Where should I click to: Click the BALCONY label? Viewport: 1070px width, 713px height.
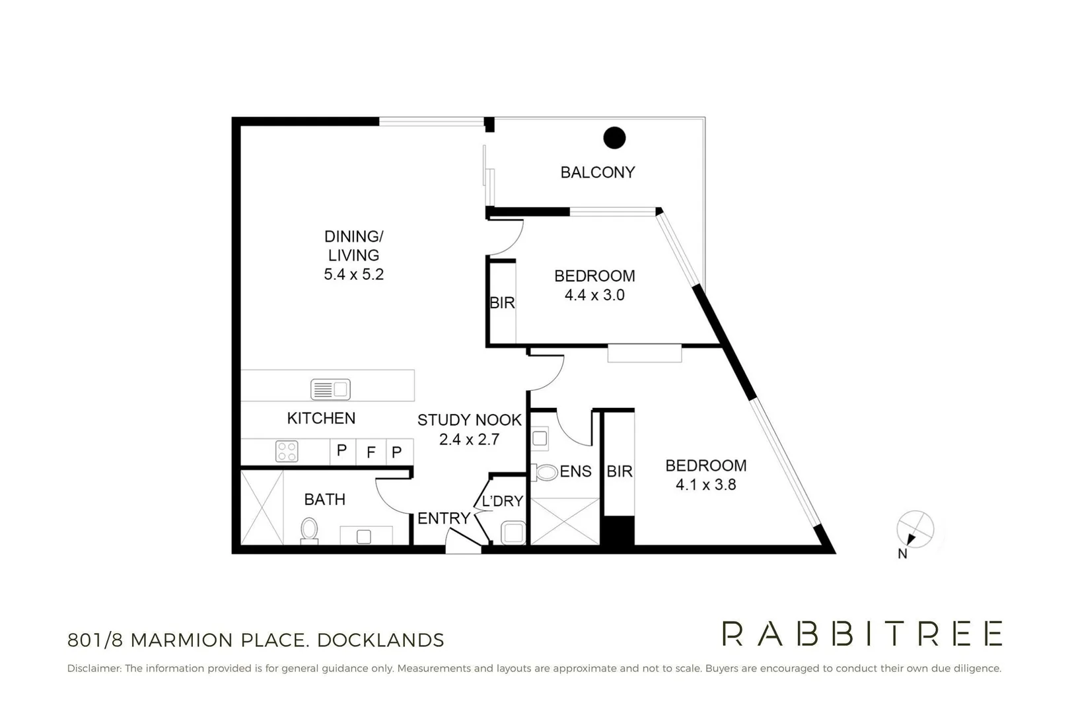(x=598, y=172)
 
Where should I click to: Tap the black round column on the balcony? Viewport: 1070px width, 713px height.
(x=614, y=137)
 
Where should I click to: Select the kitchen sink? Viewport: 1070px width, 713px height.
(x=330, y=390)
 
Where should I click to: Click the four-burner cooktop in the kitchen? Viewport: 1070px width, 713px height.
(x=287, y=452)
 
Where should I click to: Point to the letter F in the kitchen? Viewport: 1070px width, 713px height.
(x=371, y=452)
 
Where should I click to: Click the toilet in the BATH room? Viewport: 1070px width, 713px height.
(x=310, y=531)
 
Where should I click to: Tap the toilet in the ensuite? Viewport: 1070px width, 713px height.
(x=544, y=473)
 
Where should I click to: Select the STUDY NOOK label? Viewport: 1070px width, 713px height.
(x=469, y=420)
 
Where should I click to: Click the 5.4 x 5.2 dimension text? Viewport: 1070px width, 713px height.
(x=353, y=275)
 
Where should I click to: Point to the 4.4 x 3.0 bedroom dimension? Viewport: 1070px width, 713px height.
(x=594, y=295)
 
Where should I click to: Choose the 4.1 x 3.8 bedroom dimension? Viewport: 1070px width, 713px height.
(x=705, y=485)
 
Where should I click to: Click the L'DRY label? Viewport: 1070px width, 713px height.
(x=503, y=501)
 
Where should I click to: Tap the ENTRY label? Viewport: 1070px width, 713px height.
(x=444, y=518)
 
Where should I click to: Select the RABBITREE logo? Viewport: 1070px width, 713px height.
(x=862, y=633)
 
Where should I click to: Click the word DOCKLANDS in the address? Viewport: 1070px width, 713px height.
(x=380, y=640)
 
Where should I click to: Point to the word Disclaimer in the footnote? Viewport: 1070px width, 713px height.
(x=94, y=669)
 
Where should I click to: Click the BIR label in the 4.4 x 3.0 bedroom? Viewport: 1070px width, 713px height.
(x=503, y=303)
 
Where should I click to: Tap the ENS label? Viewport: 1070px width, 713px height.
(x=575, y=472)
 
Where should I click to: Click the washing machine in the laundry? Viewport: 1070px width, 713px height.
(x=513, y=533)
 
